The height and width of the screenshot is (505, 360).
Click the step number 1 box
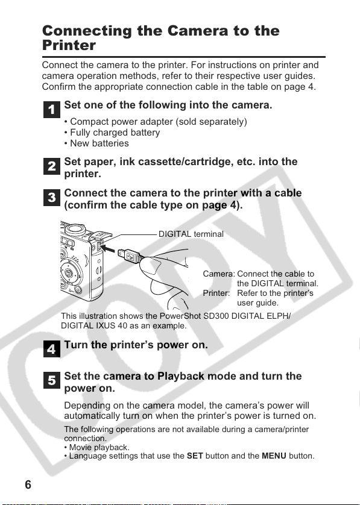[x=52, y=110]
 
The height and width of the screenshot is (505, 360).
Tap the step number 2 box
[x=52, y=166]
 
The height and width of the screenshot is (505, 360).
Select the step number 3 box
[x=52, y=198]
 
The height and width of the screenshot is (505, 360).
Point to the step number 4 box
[x=52, y=349]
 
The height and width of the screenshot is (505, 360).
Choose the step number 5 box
[x=52, y=380]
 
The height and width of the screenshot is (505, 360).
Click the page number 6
[x=28, y=485]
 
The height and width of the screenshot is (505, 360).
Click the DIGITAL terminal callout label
[x=191, y=234]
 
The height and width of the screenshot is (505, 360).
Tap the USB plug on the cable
[x=128, y=256]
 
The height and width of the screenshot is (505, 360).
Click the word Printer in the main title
[x=69, y=45]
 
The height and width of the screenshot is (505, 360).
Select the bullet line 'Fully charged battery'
[x=112, y=133]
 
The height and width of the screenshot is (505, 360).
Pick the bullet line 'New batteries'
[x=96, y=143]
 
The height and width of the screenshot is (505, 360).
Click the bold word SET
[x=195, y=456]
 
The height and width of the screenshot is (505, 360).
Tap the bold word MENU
[x=274, y=456]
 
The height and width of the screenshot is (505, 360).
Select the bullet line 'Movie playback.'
[x=96, y=447]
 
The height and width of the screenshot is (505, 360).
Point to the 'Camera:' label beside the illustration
[x=219, y=274]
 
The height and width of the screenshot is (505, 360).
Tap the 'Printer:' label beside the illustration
[x=216, y=293]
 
